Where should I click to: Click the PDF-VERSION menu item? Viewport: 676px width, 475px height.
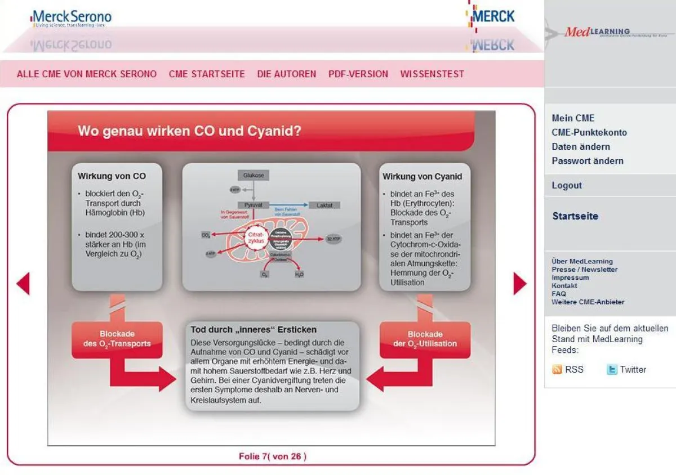click(x=358, y=74)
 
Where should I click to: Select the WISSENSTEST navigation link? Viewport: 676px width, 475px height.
click(x=432, y=74)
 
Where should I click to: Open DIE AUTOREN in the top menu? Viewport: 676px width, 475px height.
click(x=287, y=74)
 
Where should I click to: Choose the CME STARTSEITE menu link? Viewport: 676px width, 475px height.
click(x=207, y=74)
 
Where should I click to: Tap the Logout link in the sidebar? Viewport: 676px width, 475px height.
click(x=567, y=185)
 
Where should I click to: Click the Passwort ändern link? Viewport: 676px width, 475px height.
click(x=588, y=160)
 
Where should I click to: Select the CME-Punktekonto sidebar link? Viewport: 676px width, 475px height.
click(x=589, y=132)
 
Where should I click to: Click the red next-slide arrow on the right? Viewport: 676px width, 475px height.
click(x=519, y=284)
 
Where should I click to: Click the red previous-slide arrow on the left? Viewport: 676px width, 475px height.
click(x=23, y=284)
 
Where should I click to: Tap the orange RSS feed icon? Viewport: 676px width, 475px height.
click(x=557, y=369)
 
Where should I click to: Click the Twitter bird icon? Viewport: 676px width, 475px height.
click(x=612, y=369)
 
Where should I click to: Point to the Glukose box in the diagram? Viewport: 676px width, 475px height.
click(x=253, y=175)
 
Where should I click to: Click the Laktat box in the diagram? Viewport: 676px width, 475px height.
click(x=324, y=205)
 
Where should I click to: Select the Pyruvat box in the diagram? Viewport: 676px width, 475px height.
click(x=253, y=205)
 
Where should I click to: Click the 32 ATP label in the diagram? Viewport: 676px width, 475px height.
click(x=333, y=239)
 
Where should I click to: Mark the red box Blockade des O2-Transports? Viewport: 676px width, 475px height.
click(x=117, y=339)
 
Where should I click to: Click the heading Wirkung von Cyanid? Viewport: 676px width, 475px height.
click(x=422, y=176)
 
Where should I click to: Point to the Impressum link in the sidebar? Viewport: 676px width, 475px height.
click(x=570, y=277)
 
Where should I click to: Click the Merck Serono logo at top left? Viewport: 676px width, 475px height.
click(x=72, y=17)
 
